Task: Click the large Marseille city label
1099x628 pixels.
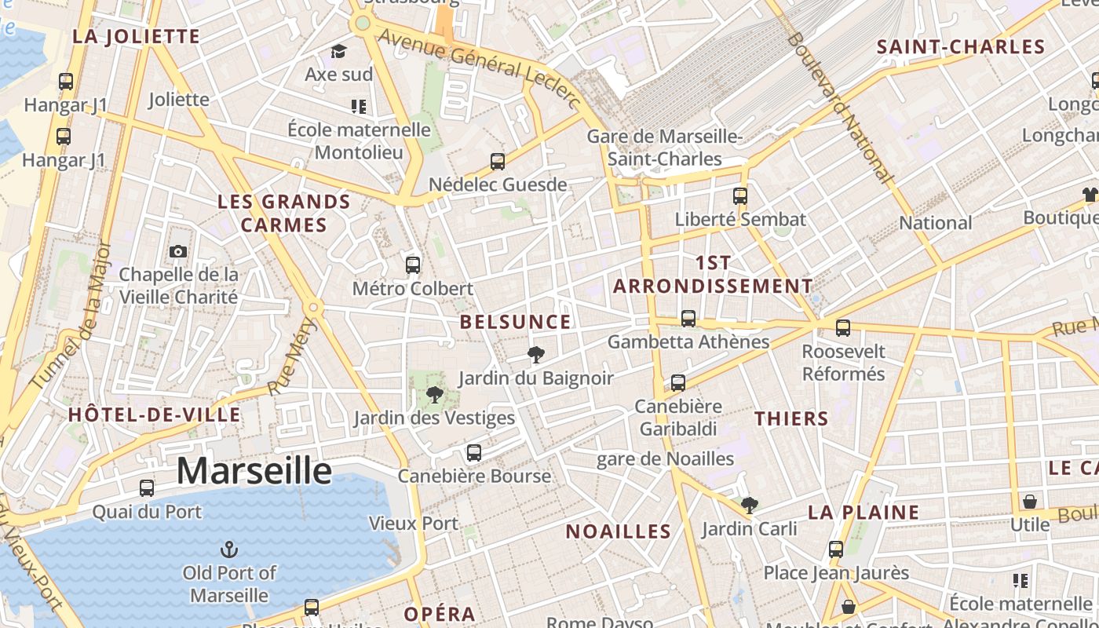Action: (254, 470)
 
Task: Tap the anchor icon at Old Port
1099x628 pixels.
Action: (230, 549)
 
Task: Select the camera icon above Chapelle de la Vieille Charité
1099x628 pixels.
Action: (178, 251)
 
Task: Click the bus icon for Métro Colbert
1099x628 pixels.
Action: (413, 265)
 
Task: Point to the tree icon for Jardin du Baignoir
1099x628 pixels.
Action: (536, 355)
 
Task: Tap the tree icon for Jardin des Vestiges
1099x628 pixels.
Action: (434, 394)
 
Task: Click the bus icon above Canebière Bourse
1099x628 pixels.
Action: (473, 453)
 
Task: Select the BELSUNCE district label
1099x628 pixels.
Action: (515, 321)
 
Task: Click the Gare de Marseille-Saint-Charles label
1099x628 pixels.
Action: (665, 148)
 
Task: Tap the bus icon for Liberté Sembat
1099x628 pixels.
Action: (740, 196)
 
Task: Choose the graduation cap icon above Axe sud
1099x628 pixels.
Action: (338, 52)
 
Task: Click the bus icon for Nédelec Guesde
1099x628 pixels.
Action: (498, 162)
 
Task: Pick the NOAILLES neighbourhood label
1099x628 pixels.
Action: (619, 531)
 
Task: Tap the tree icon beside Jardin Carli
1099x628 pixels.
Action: (750, 506)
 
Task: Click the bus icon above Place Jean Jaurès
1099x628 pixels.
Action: (836, 549)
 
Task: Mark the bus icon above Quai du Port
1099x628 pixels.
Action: (147, 488)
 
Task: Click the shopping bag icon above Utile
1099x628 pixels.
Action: (1030, 501)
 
